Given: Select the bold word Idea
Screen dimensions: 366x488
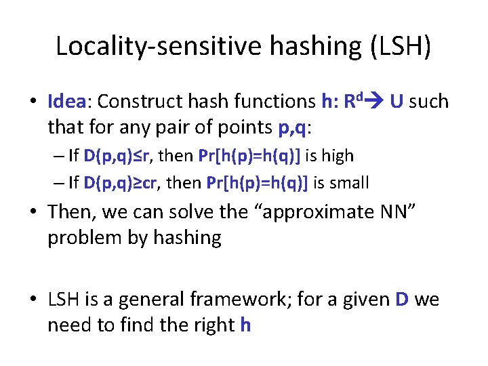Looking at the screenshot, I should coord(66,102).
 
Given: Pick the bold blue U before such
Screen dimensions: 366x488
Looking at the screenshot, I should coord(398,102).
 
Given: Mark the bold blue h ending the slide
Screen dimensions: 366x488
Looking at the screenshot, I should coord(245,325).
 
